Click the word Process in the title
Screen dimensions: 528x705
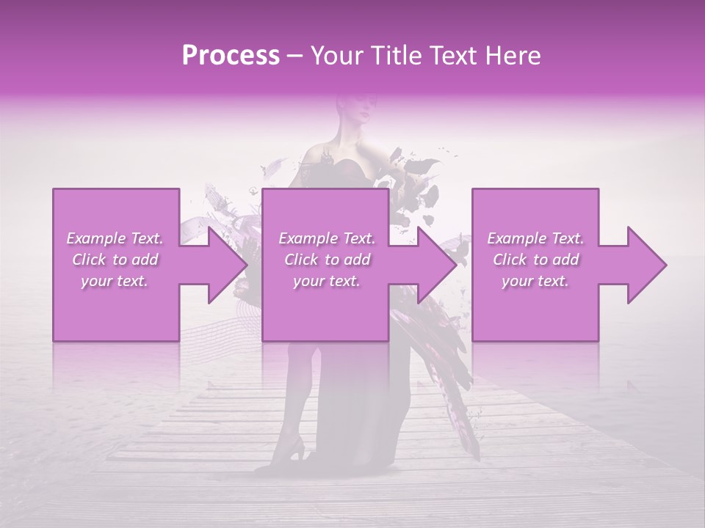click(x=231, y=56)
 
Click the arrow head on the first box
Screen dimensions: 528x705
click(x=225, y=265)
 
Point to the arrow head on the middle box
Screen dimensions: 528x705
click(x=435, y=265)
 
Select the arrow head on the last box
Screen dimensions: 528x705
click(x=644, y=265)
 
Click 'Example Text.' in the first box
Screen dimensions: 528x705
click(x=115, y=238)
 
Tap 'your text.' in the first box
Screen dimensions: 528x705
click(x=115, y=281)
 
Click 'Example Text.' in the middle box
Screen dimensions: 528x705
click(x=326, y=238)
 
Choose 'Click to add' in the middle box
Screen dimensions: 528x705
click(x=326, y=260)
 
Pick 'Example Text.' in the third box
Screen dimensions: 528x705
click(x=535, y=238)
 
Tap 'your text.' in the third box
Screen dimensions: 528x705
click(x=535, y=281)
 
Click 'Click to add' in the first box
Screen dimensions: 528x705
click(x=115, y=260)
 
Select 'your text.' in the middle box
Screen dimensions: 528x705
click(x=326, y=281)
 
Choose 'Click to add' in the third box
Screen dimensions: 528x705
click(x=535, y=260)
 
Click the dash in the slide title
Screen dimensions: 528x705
click(x=294, y=56)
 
